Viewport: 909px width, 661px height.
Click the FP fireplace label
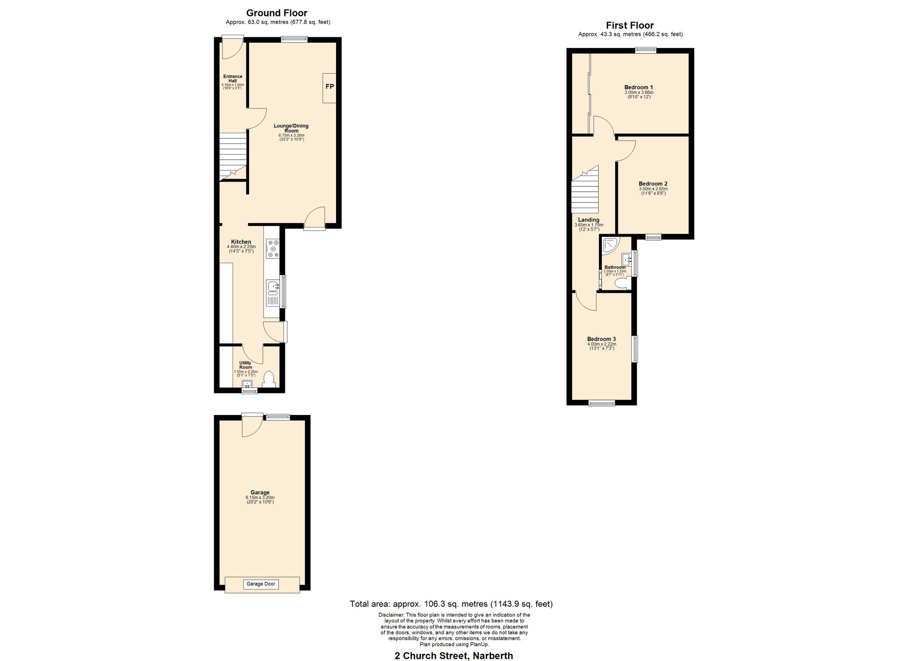330,87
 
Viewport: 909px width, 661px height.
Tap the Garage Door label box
261,584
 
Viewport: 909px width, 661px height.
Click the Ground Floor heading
277,13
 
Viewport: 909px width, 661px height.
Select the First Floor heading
630,26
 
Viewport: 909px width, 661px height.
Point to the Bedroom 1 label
638,87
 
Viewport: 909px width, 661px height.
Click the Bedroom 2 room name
653,184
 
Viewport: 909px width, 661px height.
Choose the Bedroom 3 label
601,339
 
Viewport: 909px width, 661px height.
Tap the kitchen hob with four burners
273,249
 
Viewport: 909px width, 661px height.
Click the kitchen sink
273,293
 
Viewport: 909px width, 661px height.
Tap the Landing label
589,220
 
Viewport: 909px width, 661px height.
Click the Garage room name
260,493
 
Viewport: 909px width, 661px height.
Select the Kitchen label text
241,242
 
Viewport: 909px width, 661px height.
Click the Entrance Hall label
233,79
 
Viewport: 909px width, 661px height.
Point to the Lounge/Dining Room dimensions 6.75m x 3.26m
291,135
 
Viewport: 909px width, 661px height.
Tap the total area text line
451,604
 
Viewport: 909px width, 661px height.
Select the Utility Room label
245,365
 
